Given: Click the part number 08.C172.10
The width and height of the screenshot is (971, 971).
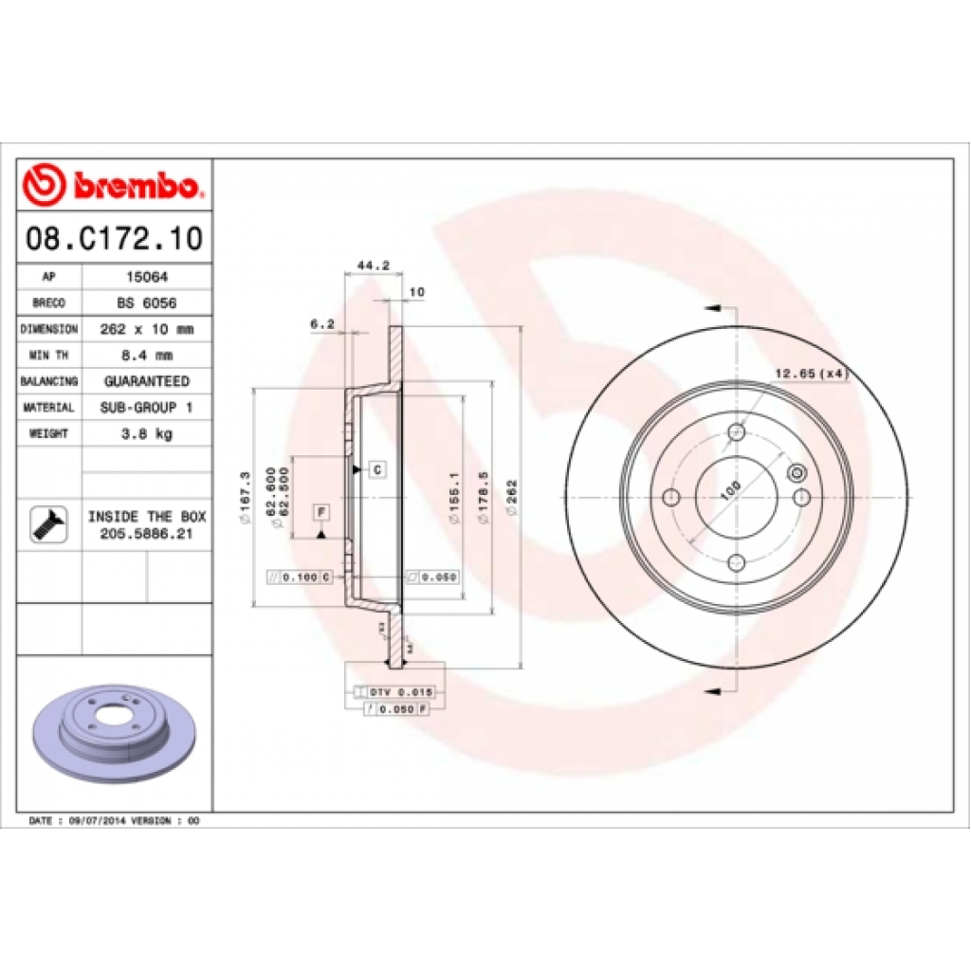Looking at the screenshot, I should tap(113, 238).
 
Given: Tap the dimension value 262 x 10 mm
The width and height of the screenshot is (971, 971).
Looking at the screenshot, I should tap(146, 329).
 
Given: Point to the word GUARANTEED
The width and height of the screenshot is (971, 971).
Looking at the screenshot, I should tap(146, 381).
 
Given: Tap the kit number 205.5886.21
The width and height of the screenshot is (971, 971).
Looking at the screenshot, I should tap(147, 535).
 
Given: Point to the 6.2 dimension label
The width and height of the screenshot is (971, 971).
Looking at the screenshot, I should tap(322, 323).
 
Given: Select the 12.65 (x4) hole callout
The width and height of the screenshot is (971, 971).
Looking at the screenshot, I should tap(810, 374).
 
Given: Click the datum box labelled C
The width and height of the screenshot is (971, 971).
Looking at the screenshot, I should tap(376, 469).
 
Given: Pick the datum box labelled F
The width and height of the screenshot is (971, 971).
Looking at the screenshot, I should tap(321, 512).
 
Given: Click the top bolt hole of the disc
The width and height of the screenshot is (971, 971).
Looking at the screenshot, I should tap(737, 433).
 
